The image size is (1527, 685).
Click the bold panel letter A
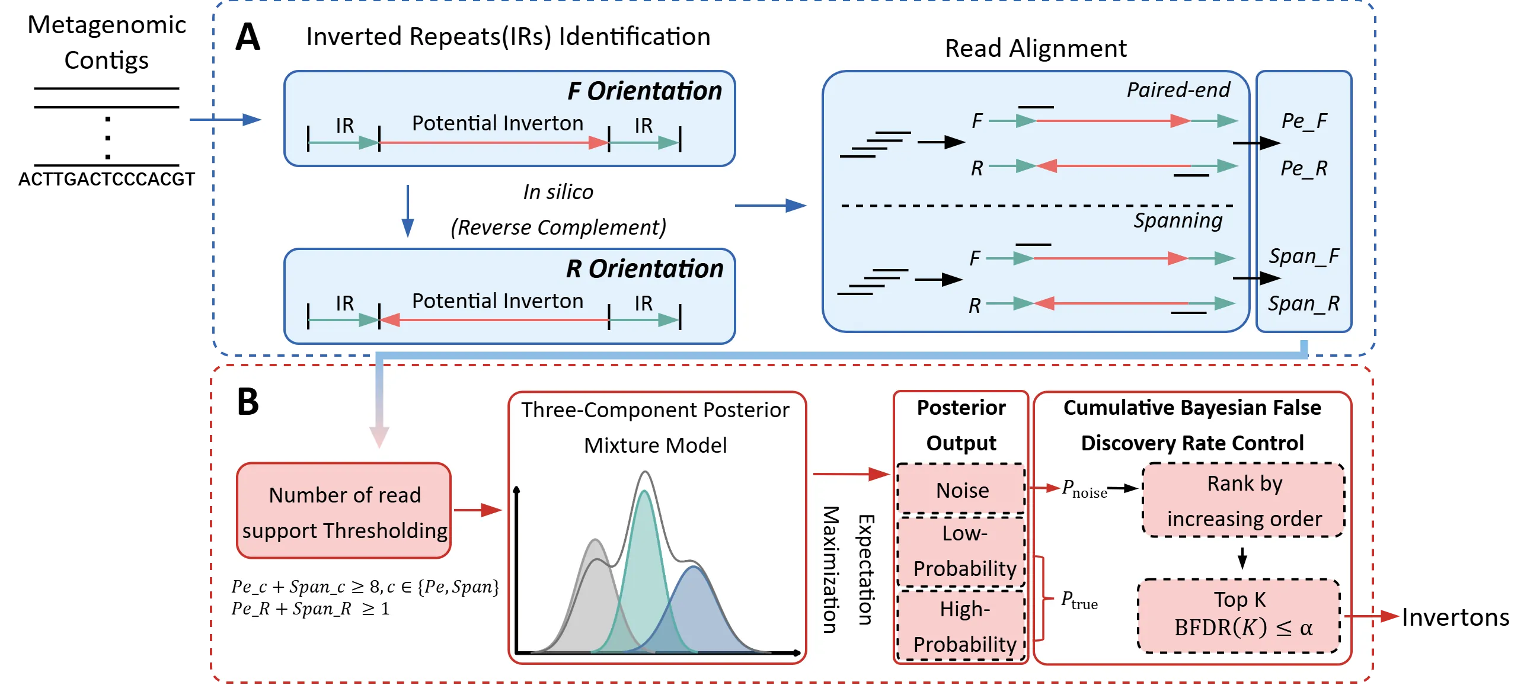coord(248,37)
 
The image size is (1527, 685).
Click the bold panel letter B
coord(248,402)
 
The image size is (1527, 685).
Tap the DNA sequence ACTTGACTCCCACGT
coord(107,179)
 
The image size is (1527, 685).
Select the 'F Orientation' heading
coord(645,91)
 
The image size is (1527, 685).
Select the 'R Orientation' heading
coord(645,268)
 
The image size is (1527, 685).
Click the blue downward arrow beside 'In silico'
coord(408,211)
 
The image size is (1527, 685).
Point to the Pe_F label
coord(1304,121)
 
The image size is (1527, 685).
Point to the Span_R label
coord(1304,303)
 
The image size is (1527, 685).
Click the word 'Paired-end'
coord(1178,90)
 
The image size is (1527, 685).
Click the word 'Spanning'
coord(1178,220)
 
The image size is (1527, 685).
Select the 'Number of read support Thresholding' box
coord(344,511)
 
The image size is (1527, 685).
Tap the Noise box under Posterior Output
coord(961,489)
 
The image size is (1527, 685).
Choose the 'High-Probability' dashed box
coord(961,626)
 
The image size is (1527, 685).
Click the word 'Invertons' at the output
coord(1456,617)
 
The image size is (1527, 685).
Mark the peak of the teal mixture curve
coord(644,491)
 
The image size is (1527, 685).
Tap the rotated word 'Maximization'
coord(831,569)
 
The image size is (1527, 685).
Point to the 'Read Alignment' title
coord(1036,49)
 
